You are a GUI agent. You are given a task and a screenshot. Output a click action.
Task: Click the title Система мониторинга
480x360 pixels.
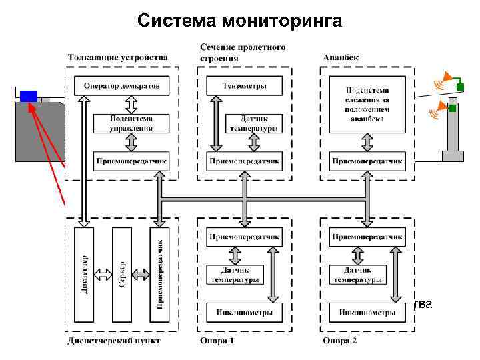click(x=239, y=21)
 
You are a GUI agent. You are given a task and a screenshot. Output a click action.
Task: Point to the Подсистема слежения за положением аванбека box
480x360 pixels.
click(x=366, y=103)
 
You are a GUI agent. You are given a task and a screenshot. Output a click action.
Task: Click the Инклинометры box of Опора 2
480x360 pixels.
click(x=366, y=311)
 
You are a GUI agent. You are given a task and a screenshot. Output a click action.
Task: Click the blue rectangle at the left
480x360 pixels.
click(x=29, y=96)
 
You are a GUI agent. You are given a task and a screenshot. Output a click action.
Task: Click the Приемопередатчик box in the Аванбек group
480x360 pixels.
click(x=366, y=161)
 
